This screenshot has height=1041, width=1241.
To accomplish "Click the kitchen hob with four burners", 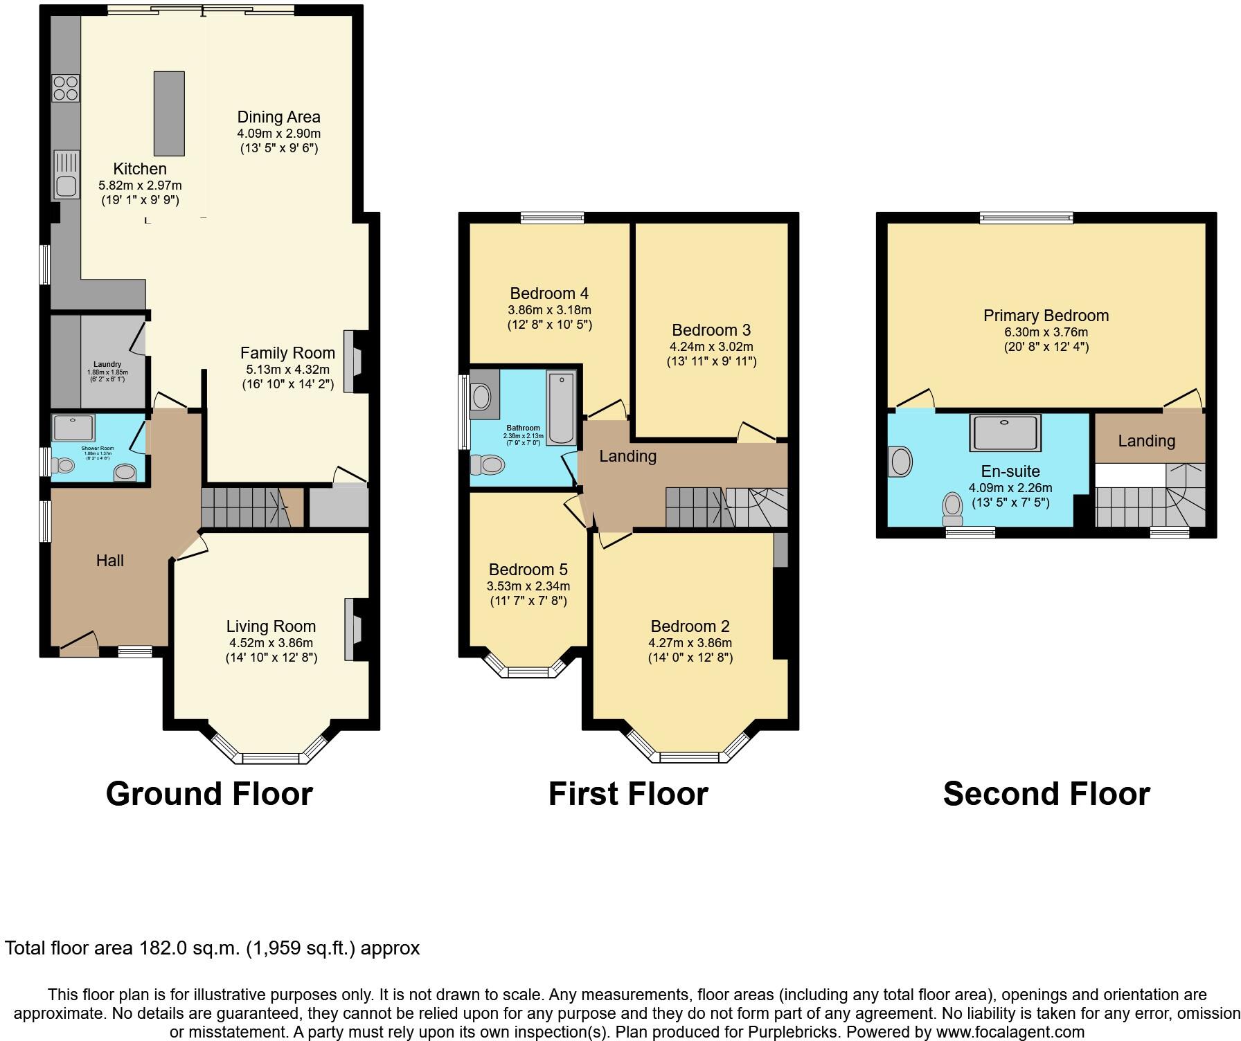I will coord(66,88).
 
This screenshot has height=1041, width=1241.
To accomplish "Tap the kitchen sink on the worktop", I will coord(66,185).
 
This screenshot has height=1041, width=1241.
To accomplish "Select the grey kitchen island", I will coord(169,114).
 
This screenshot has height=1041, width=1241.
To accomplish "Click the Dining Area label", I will coord(278,117).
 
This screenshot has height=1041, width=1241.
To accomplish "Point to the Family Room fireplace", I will coord(355,361).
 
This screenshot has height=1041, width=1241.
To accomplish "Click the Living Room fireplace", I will coord(355,629).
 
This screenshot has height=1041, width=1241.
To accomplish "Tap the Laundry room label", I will coord(107,364).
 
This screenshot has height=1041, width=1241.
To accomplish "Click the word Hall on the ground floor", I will coord(109,561).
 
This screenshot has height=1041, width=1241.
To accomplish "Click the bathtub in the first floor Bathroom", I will coord(560,407).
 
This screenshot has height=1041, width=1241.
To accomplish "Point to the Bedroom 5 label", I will coord(528,570).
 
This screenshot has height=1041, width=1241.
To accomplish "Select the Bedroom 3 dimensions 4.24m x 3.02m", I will coord(711,347).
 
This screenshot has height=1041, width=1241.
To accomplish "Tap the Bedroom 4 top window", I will coord(552,218).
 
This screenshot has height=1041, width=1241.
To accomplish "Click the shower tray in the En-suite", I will coord(1005,433).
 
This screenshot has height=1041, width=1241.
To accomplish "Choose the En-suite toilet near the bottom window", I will coord(953,510).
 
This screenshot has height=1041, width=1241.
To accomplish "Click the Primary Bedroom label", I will coord(1046,316).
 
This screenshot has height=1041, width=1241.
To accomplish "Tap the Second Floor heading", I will coord(1046,794).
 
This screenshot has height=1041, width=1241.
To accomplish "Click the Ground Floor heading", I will coord(209,794).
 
